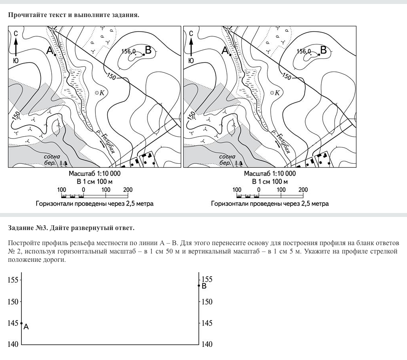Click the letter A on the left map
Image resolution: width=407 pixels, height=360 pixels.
pos(50,51)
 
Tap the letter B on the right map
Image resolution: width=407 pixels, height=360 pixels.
pos(323,50)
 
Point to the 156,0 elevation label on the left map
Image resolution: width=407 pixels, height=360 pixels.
pos(128,51)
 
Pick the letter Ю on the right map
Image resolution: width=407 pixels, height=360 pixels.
pos(191,60)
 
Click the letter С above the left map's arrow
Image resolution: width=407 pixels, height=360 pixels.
pos(16,33)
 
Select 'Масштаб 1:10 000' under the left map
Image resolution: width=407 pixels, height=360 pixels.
pos(95,174)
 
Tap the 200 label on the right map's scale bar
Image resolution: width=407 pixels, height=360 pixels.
pos(303,190)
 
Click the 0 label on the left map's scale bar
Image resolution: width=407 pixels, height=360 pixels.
pos(83,190)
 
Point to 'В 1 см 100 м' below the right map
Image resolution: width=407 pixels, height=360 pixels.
pos(270,182)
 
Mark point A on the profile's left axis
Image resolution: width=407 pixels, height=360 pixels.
pos(21,323)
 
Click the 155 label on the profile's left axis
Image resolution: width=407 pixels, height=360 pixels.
pos(13,280)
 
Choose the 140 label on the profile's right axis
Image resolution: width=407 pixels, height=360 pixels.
pos(207,345)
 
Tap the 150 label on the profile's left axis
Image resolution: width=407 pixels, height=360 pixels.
pos(13,302)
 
